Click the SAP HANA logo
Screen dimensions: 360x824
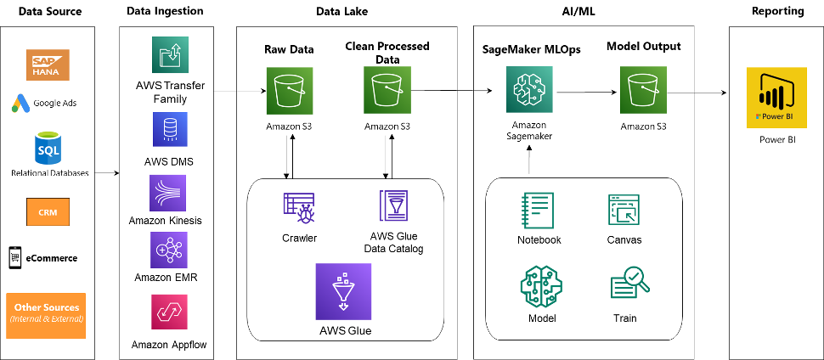pos(49,65)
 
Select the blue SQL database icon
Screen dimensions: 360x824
pos(49,149)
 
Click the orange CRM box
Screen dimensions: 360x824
pos(49,210)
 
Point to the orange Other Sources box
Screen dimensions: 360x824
pos(46,314)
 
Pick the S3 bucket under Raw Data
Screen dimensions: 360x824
pos(291,91)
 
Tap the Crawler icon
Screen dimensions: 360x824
pos(299,209)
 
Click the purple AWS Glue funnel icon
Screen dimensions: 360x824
pos(343,291)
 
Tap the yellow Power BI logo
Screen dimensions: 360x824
pos(775,98)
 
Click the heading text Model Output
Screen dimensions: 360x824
pos(643,48)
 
